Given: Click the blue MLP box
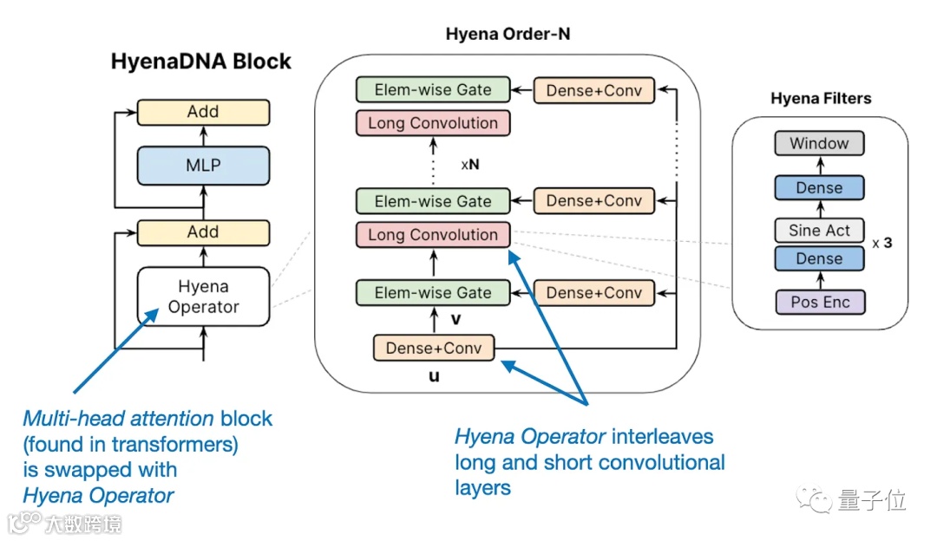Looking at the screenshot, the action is [x=203, y=166].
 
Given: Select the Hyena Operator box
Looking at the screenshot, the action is [x=203, y=297].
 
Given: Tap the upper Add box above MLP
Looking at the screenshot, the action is [x=203, y=112].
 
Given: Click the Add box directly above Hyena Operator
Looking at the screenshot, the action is [x=203, y=232].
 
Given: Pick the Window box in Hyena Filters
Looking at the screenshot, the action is [x=819, y=143].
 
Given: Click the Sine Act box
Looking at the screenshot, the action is [x=819, y=231].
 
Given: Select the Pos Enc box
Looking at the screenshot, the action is [x=820, y=303].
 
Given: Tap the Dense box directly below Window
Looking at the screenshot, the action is [x=819, y=187].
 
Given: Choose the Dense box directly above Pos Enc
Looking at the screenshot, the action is [x=819, y=258].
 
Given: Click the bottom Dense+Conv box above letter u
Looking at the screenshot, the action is [x=434, y=349].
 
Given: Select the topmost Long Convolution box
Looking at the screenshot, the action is [x=433, y=123].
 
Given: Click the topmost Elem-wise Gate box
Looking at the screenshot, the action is [x=433, y=89].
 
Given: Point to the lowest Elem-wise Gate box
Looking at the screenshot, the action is [x=433, y=292].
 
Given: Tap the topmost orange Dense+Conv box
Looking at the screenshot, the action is [x=594, y=90].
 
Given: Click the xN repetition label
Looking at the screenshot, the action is [x=470, y=164].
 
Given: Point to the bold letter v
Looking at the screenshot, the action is [x=456, y=319].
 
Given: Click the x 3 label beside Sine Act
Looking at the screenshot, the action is [x=882, y=243].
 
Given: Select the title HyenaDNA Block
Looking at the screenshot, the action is [x=200, y=62].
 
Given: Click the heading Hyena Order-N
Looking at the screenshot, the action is [x=508, y=34].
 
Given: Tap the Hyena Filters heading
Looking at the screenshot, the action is [x=821, y=98].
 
